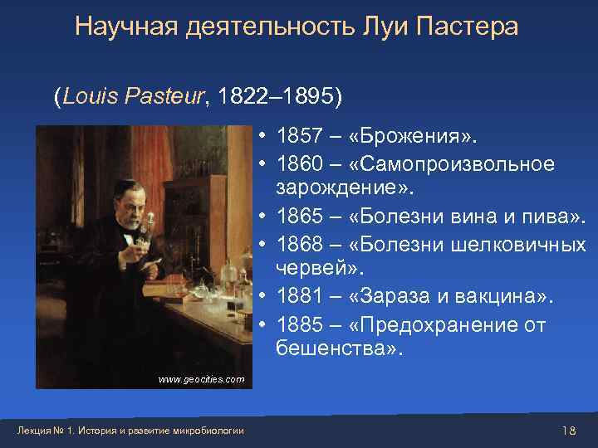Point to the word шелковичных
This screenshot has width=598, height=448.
(x=519, y=245)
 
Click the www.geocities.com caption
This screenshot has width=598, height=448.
(x=201, y=379)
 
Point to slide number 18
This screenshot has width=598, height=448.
(x=569, y=430)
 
